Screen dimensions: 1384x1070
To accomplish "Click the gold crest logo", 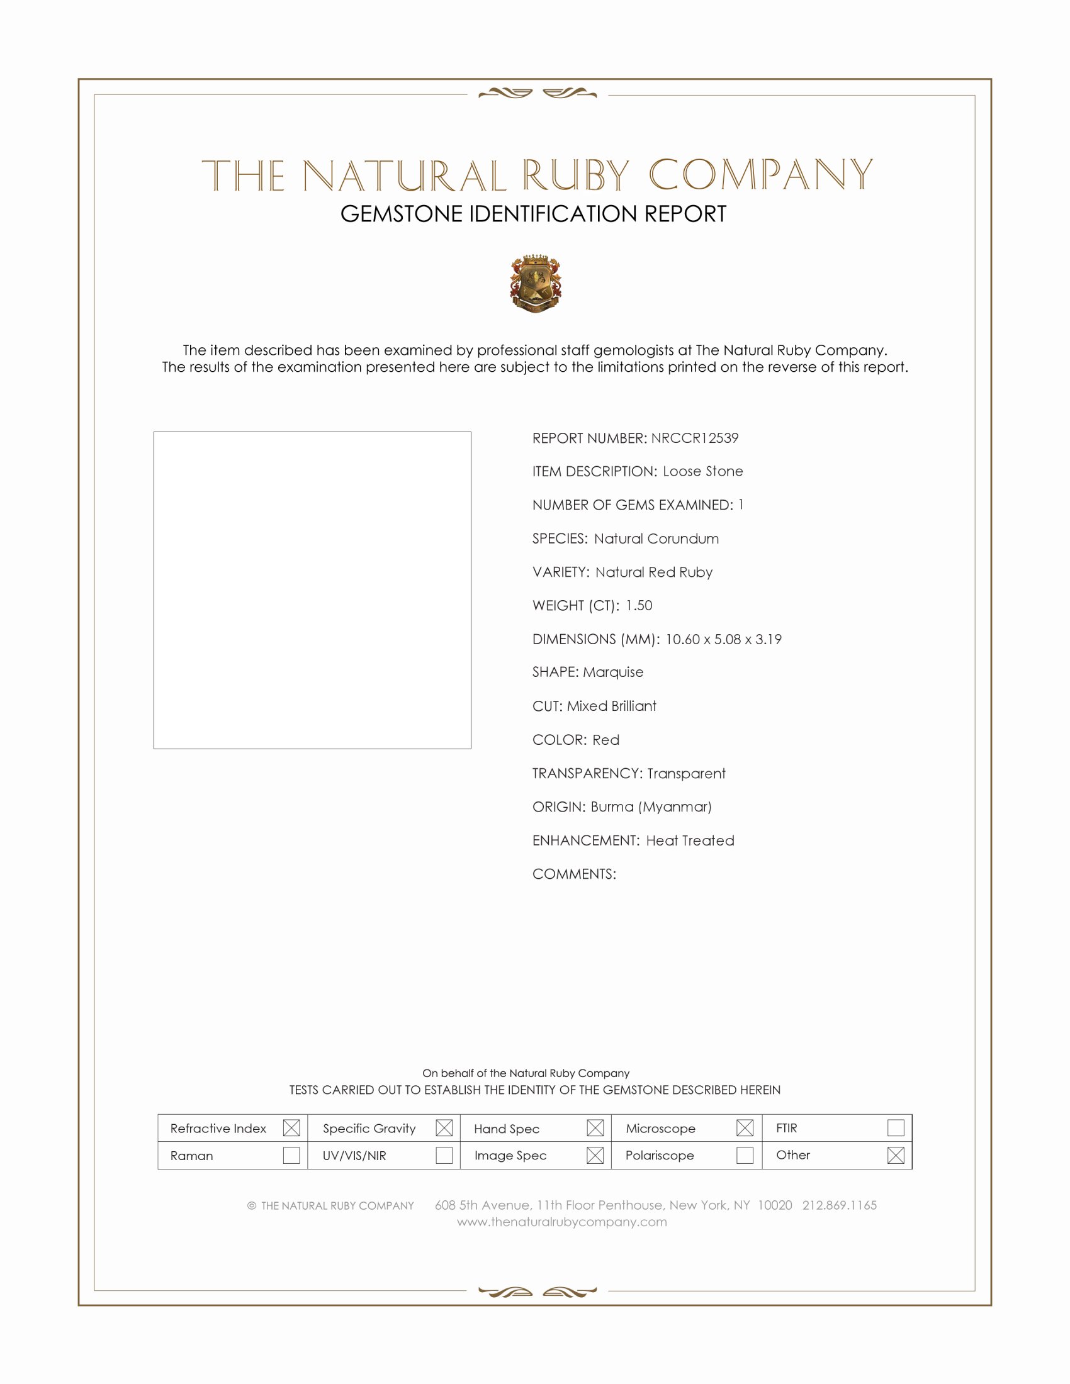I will [x=536, y=283].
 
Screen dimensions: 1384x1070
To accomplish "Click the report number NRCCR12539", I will [x=694, y=438].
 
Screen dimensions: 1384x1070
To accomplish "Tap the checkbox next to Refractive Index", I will [x=291, y=1127].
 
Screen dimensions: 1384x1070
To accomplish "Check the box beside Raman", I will [x=291, y=1154].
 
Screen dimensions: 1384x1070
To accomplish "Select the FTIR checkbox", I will [x=895, y=1127].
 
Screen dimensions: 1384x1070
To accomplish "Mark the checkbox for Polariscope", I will [x=745, y=1154].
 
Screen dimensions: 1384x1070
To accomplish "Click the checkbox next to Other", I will [x=895, y=1154].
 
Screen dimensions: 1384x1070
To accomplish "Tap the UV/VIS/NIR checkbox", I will [x=444, y=1154].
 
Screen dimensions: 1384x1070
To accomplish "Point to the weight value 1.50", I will [x=638, y=605].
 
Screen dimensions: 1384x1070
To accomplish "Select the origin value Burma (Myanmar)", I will [x=651, y=806].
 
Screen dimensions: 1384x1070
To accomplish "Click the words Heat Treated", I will [x=690, y=840].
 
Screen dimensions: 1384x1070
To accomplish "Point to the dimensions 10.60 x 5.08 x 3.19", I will [x=723, y=639].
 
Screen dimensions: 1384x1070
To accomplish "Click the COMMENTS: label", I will [x=573, y=874].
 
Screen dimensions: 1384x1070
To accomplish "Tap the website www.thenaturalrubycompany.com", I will [x=561, y=1222].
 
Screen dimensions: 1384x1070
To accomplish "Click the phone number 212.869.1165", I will [x=839, y=1205].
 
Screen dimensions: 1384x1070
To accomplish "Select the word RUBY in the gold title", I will [x=575, y=176].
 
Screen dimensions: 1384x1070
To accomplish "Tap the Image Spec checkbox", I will [x=595, y=1154].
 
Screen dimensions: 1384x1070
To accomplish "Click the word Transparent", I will [x=686, y=773].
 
